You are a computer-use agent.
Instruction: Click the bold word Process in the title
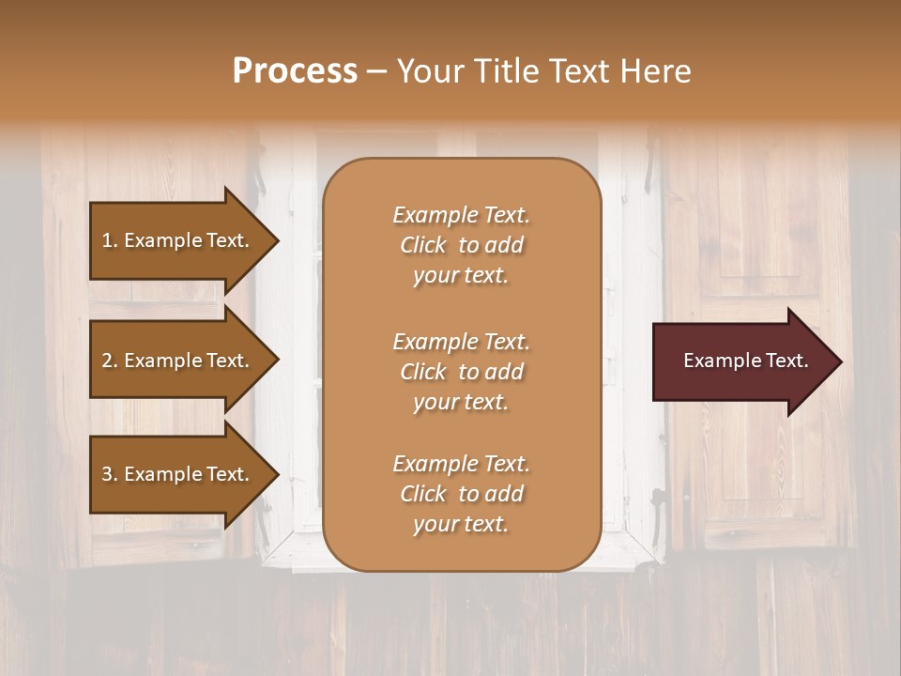(x=295, y=71)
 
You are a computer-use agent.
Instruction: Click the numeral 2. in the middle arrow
(x=109, y=361)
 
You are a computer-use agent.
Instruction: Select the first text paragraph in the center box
(x=461, y=245)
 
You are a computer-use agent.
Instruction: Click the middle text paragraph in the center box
(x=461, y=372)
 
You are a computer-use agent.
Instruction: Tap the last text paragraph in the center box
(x=461, y=494)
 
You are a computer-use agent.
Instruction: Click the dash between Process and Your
(x=376, y=71)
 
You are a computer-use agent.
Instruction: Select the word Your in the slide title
(x=429, y=71)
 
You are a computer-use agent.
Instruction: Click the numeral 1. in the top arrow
(x=109, y=240)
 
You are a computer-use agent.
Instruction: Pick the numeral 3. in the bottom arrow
(x=109, y=474)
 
